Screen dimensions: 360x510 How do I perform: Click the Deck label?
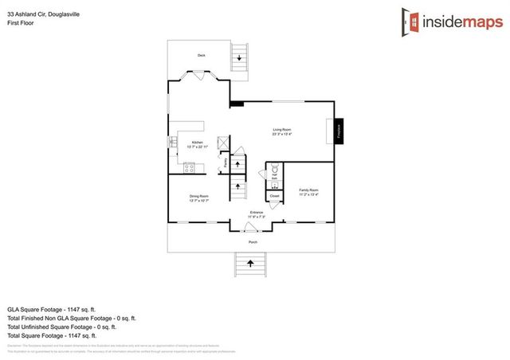pos(202,55)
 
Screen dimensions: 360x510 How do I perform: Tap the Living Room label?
pos(282,129)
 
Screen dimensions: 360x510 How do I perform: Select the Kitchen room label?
pos(196,143)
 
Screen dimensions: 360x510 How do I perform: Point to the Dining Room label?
pos(198,196)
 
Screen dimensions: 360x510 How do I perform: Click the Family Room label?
pos(308,190)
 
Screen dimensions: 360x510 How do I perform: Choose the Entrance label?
pos(256,211)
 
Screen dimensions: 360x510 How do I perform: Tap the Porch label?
pos(253,241)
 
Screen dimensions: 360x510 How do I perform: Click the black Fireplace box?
pos(338,130)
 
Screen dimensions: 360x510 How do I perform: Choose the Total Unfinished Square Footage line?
pos(61,326)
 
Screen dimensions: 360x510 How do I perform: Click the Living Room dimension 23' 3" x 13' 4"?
pos(282,134)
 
